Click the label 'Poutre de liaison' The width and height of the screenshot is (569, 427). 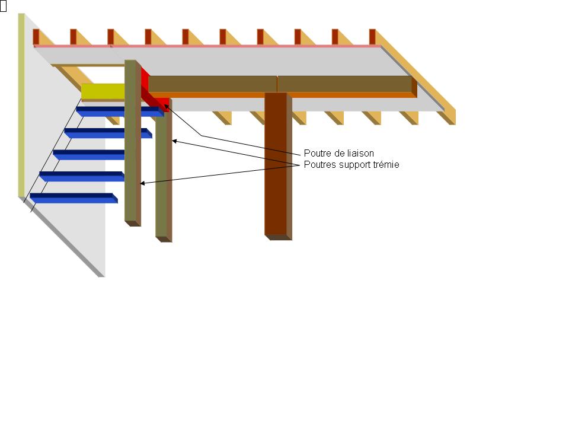(338, 154)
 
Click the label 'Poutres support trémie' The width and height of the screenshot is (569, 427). (351, 165)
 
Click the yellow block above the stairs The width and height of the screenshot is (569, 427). (103, 91)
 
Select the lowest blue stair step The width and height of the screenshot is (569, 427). (72, 198)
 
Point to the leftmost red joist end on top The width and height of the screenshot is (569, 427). (36, 36)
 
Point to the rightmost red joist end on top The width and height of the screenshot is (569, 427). (372, 36)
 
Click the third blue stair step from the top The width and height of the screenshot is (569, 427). (89, 154)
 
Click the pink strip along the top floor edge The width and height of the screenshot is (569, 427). (207, 46)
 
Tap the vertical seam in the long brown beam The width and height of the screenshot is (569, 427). (277, 84)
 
